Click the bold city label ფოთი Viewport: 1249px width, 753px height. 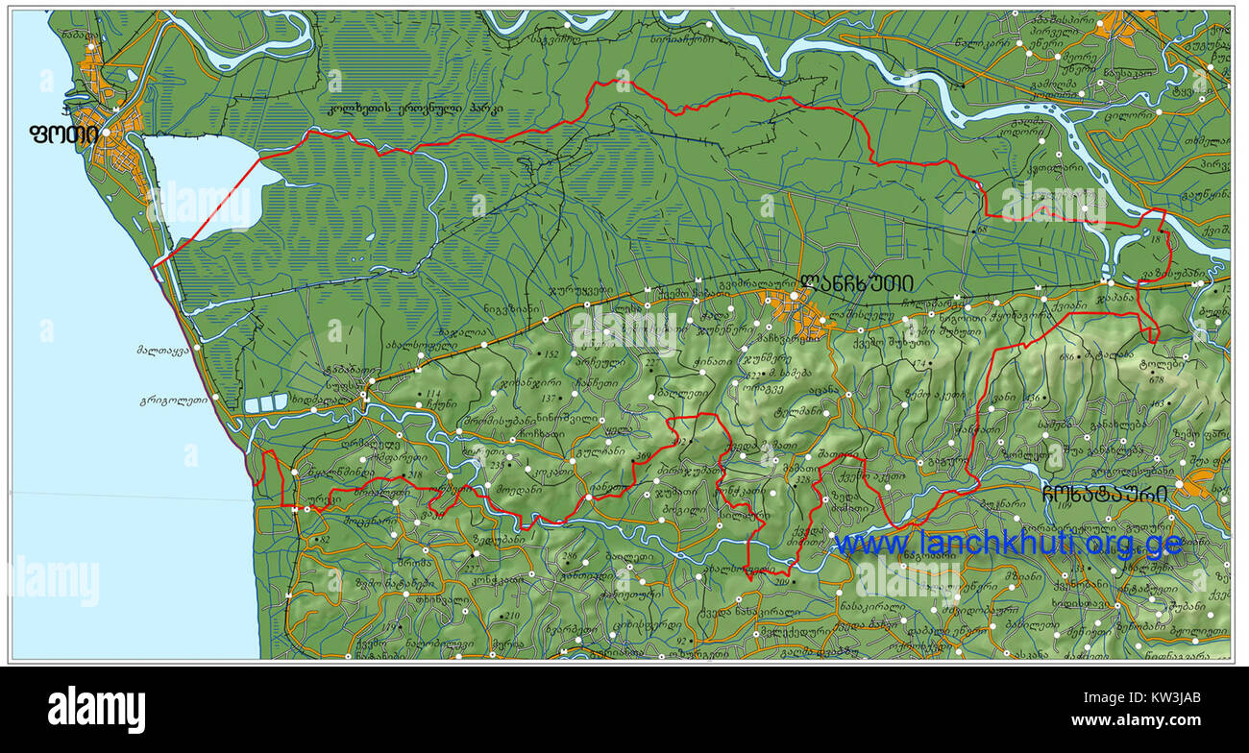(63, 134)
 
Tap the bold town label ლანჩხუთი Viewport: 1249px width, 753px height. (856, 283)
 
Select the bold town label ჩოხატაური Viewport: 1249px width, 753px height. (1105, 494)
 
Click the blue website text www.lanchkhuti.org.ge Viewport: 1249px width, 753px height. (1008, 544)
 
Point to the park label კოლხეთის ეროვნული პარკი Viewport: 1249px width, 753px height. (415, 109)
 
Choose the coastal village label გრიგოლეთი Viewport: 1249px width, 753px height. (174, 401)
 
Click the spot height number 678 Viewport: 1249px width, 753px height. (1156, 379)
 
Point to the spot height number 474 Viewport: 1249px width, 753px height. (920, 364)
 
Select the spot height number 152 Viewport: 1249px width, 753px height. (551, 354)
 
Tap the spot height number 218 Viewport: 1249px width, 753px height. (415, 474)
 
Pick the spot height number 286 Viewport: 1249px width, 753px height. (570, 556)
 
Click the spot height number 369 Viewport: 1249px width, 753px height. (643, 455)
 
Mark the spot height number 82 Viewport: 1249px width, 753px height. (324, 540)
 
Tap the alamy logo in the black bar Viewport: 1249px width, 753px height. (96, 710)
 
